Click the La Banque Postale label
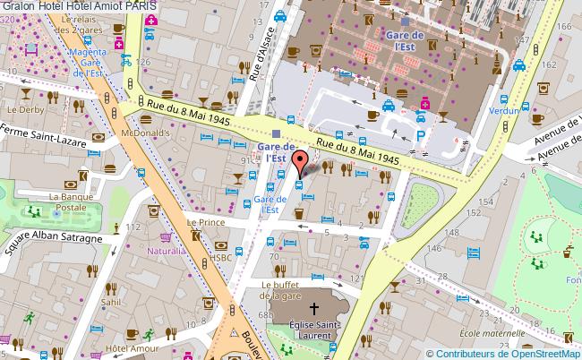tap(71, 202)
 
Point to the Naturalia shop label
tap(167, 251)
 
